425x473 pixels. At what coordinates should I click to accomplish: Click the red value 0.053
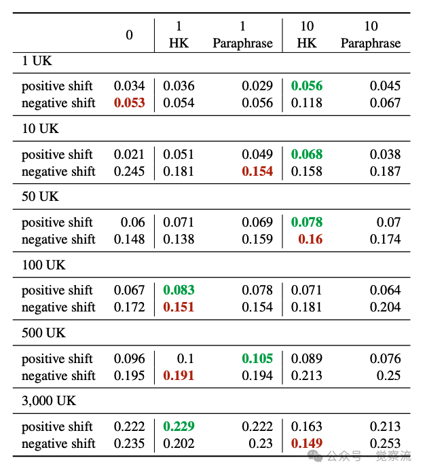point(130,103)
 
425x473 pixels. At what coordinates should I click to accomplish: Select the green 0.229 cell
point(179,426)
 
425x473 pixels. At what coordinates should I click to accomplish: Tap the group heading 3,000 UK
point(49,401)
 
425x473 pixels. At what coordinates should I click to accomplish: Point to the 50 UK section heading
point(40,196)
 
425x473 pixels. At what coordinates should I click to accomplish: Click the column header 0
point(129,35)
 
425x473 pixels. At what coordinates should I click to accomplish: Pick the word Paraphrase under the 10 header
point(371,43)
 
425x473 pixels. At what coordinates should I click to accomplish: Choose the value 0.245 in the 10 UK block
point(129,171)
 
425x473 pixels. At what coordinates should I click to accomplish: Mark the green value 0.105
point(257,358)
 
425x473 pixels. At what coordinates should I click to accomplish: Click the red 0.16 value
point(310,240)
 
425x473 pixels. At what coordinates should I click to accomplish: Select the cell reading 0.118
point(307,103)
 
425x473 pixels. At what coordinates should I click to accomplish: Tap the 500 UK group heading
point(43,333)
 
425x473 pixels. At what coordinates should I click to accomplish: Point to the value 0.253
point(385,443)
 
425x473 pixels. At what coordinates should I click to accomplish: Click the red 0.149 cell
point(307,443)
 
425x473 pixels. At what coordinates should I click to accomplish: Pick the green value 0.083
point(179,290)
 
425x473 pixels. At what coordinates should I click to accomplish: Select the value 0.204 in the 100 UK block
point(385,307)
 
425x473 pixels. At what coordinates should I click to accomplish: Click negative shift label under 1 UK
point(58,103)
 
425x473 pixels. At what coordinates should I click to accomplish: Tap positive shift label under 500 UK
point(57,359)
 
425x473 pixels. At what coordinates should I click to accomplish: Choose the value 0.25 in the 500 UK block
point(388,375)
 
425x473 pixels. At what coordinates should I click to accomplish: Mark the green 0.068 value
point(307,155)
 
